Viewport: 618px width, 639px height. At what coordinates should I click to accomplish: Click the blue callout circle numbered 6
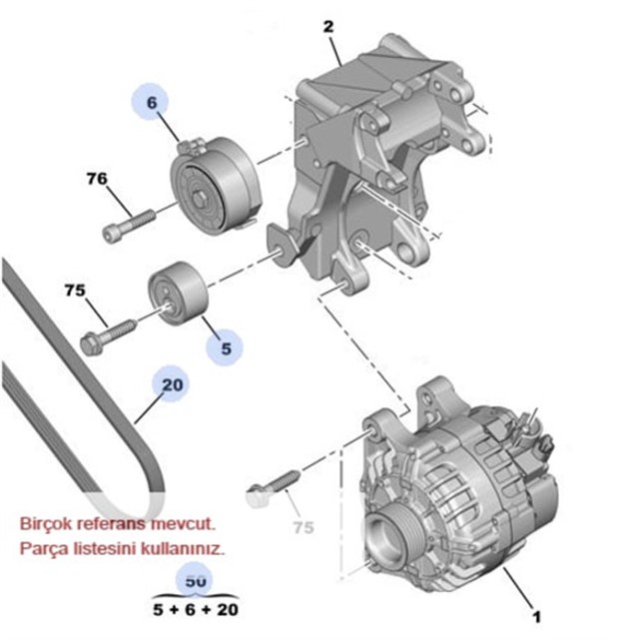(x=153, y=102)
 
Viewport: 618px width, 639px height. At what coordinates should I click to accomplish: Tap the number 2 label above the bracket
(x=328, y=27)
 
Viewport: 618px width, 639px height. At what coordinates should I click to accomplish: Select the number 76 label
(x=96, y=180)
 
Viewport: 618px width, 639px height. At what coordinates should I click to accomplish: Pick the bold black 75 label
(x=76, y=291)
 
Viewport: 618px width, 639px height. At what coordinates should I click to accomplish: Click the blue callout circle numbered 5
(x=226, y=348)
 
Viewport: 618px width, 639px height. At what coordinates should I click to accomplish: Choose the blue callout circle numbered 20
(x=172, y=384)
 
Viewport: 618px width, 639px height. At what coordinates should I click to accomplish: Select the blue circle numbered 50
(x=197, y=578)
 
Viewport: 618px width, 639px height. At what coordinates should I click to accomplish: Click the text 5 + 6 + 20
(x=197, y=607)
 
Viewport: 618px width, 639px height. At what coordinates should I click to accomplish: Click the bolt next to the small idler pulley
(x=110, y=330)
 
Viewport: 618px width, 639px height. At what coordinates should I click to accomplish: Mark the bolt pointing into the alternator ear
(x=273, y=483)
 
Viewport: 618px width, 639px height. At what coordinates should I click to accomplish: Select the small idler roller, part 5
(x=179, y=294)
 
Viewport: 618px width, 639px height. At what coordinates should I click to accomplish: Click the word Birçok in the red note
(x=49, y=522)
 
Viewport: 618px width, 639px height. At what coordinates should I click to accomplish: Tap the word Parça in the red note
(x=45, y=548)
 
